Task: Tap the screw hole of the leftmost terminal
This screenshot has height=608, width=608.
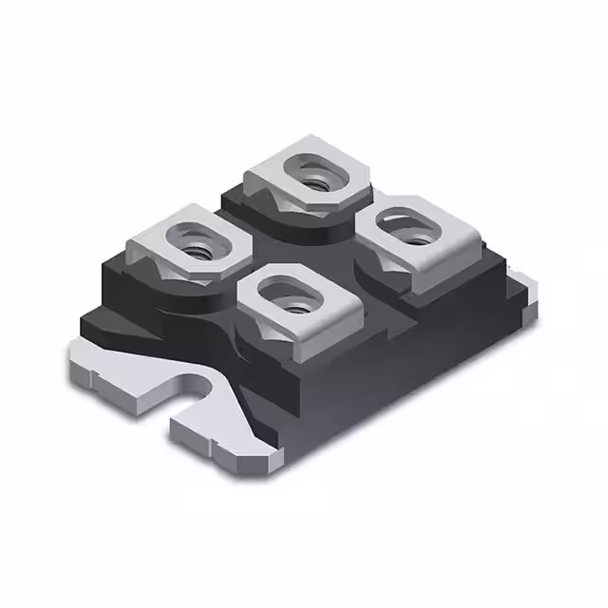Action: tap(197, 250)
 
